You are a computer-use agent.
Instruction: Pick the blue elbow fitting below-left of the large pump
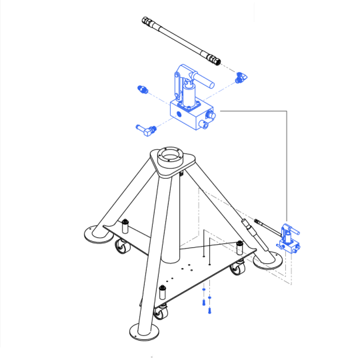coord(145,129)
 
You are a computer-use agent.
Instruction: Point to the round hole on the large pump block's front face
coord(180,114)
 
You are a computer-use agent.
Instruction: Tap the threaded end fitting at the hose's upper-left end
coord(147,21)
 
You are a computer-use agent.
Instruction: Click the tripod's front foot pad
coord(143,331)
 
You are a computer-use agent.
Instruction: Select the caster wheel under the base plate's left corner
coord(123,248)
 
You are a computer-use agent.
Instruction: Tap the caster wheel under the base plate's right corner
coord(237,271)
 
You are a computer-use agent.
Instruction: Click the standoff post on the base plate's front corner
coord(162,291)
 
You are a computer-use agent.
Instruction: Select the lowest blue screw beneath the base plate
coord(208,311)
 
